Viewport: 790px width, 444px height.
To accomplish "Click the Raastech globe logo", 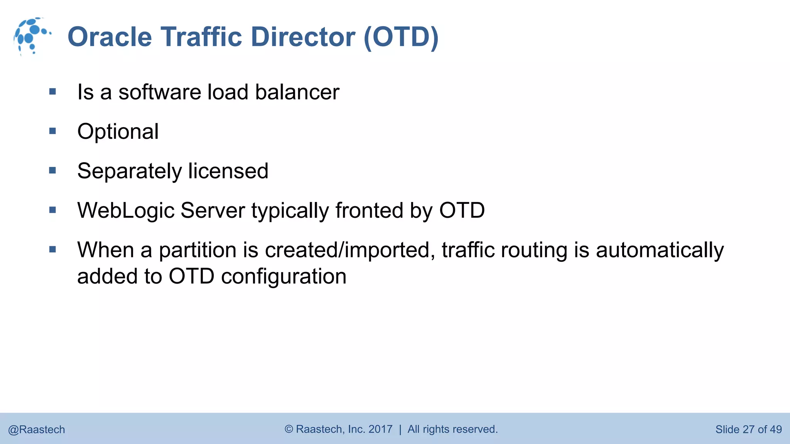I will pyautogui.click(x=31, y=36).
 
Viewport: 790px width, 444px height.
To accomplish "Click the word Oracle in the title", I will pyautogui.click(x=110, y=37).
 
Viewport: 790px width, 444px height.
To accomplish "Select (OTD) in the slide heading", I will pyautogui.click(x=401, y=37).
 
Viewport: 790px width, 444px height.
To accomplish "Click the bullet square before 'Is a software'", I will pyautogui.click(x=53, y=92).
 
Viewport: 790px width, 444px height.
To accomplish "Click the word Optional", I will pyautogui.click(x=118, y=131).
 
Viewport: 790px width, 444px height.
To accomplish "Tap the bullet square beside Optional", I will pyautogui.click(x=53, y=131).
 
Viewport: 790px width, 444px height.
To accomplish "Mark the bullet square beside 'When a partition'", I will pyautogui.click(x=53, y=250).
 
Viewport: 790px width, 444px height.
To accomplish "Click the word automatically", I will pyautogui.click(x=660, y=250).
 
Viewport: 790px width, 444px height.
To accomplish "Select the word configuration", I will pyautogui.click(x=284, y=276).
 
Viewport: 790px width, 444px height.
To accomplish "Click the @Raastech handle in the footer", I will pyautogui.click(x=37, y=429).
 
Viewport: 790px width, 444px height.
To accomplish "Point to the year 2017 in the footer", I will pyautogui.click(x=380, y=429).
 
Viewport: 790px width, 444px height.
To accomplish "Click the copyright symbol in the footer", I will pyautogui.click(x=289, y=429).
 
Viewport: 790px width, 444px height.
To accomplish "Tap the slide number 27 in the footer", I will pyautogui.click(x=748, y=429).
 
